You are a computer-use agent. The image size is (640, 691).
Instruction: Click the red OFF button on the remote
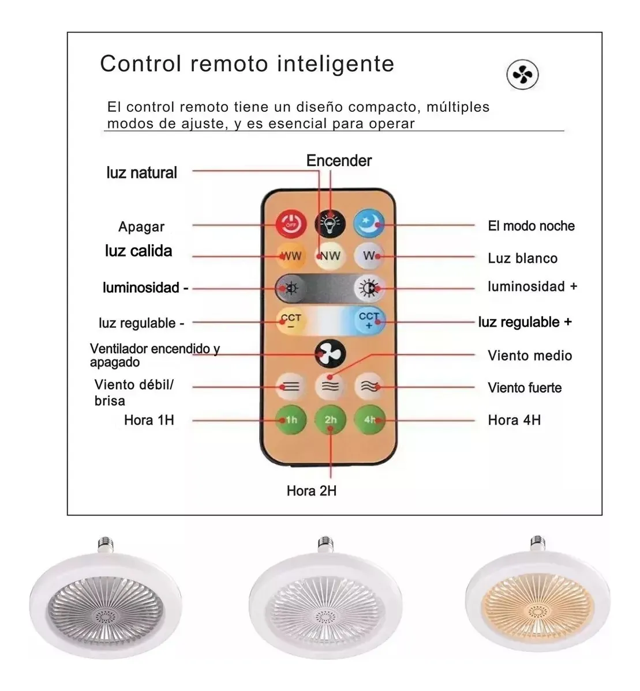[x=291, y=224]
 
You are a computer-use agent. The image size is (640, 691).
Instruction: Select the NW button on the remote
[x=330, y=256]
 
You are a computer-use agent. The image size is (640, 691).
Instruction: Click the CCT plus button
[x=369, y=320]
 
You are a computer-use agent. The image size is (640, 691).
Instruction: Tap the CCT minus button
[x=291, y=320]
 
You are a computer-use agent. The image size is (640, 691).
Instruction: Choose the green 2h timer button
[x=330, y=420]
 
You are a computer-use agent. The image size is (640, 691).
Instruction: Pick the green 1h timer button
[x=291, y=420]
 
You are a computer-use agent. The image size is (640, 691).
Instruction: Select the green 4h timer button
[x=369, y=420]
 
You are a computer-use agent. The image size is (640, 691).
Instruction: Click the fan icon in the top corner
[x=522, y=75]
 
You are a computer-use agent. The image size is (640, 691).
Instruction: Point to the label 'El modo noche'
[x=531, y=226]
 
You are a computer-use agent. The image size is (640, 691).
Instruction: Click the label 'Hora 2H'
[x=312, y=491]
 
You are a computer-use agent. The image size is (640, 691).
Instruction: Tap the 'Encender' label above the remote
[x=339, y=161]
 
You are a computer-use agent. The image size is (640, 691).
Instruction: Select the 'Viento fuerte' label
[x=525, y=388]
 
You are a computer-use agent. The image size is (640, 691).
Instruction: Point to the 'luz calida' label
[x=139, y=251]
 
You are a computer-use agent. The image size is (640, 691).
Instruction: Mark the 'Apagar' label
[x=141, y=227]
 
